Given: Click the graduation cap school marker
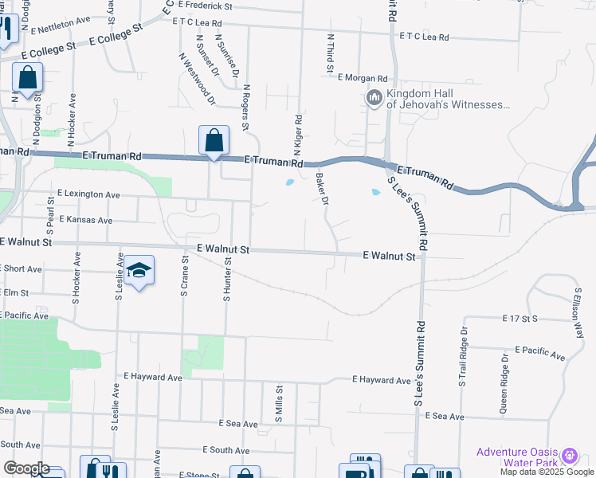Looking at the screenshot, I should [x=139, y=272].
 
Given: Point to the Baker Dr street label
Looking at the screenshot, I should [x=323, y=190].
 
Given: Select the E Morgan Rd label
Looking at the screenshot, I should [x=363, y=78].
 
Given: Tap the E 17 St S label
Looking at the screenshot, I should [x=522, y=319].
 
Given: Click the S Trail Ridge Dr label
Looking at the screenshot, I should [x=462, y=357].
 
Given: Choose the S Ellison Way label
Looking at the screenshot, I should [x=578, y=313].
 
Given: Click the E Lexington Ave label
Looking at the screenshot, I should [x=88, y=194].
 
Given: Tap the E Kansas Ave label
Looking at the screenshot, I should [x=84, y=220].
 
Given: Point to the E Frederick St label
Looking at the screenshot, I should [x=205, y=5].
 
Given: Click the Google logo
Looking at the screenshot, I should [x=26, y=468].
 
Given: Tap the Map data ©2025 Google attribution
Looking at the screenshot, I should [x=547, y=472].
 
